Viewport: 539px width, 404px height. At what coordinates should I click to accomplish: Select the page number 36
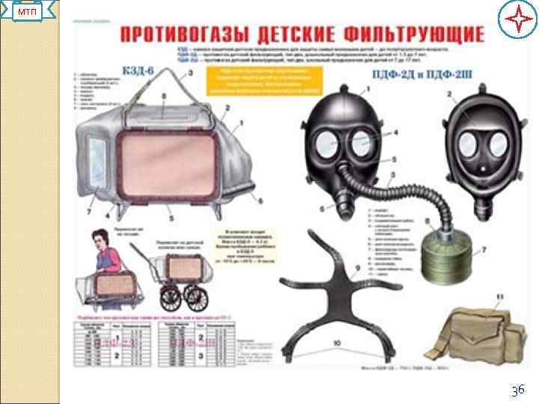(x=517, y=390)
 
